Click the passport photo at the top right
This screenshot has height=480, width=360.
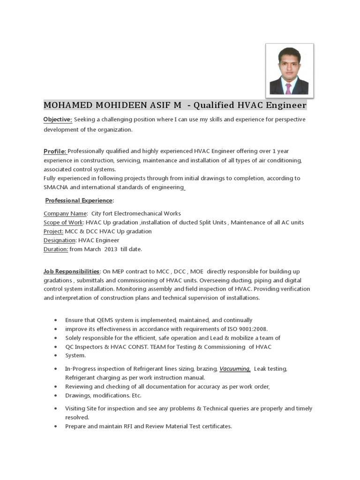point(289,71)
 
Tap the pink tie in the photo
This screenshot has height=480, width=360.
point(288,88)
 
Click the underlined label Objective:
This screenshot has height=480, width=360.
point(58,120)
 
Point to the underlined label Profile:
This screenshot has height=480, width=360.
point(55,151)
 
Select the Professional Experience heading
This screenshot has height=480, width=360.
point(79,201)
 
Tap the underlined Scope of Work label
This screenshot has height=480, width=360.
point(64,222)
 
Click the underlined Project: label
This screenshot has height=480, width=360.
point(53,231)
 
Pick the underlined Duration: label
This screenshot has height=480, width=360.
point(56,249)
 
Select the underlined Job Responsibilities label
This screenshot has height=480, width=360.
point(72,271)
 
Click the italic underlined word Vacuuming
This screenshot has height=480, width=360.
point(235,369)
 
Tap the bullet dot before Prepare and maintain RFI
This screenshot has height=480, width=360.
point(55,427)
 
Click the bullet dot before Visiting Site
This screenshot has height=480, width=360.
point(55,409)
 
